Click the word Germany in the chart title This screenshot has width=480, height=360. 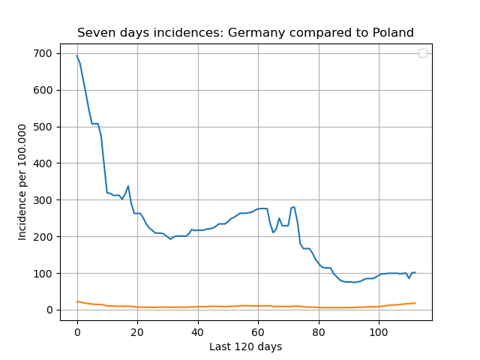tap(256, 33)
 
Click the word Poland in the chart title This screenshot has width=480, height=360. tap(393, 32)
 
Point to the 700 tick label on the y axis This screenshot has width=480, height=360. tap(43, 53)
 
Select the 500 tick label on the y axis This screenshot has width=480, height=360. tap(43, 127)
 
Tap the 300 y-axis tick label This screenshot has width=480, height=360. tap(43, 200)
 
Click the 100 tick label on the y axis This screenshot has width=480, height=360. tap(43, 273)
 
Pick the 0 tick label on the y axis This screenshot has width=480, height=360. tap(49, 310)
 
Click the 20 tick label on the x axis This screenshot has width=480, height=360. tap(137, 332)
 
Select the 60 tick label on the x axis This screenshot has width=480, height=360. tap(258, 332)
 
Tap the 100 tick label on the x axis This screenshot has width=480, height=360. tap(379, 332)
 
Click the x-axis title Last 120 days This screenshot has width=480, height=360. tap(246, 346)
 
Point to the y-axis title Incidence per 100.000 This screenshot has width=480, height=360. tap(22, 182)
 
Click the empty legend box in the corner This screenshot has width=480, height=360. tap(423, 53)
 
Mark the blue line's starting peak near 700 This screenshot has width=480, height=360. tap(76, 55)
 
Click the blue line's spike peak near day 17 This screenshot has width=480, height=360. tap(128, 186)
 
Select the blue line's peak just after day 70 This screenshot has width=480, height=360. tap(294, 207)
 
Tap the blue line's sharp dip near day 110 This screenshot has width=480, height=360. tap(409, 278)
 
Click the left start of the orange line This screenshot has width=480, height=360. tap(76, 301)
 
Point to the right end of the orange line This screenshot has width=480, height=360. tap(415, 303)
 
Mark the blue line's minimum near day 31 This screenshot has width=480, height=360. tap(170, 239)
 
